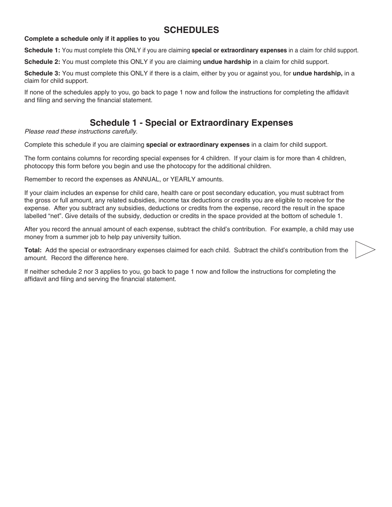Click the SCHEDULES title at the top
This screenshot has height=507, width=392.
191,30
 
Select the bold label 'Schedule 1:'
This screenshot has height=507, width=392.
42,50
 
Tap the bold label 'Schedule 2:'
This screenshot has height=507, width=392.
42,62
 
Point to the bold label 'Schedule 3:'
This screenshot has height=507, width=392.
42,73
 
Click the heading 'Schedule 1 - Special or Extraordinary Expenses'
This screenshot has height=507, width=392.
191,122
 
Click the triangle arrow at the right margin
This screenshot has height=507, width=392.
365,250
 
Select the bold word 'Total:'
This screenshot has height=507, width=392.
33,250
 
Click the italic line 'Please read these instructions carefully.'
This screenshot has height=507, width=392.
81,131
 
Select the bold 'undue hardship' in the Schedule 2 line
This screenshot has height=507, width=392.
227,62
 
